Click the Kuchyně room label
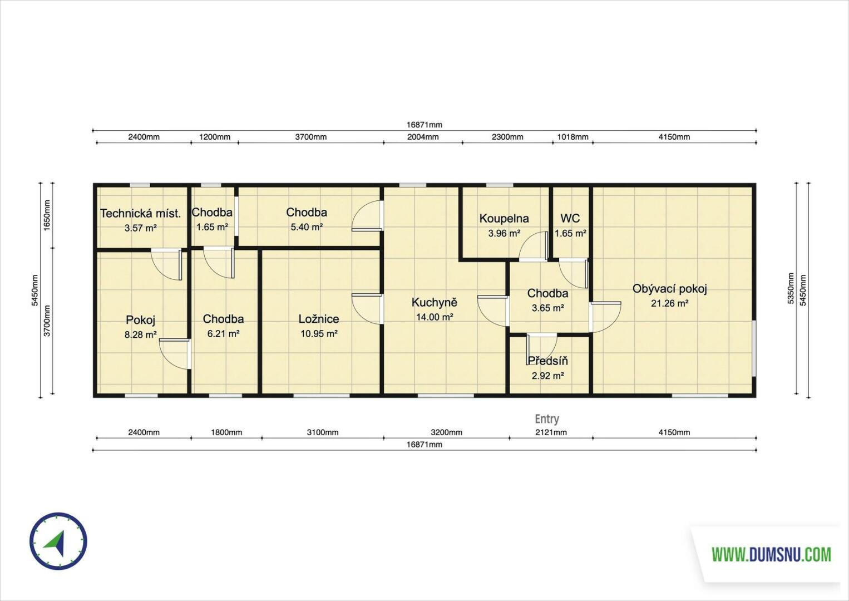435,303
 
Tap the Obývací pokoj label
670,289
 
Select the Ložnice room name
319,319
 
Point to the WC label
570,218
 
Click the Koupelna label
504,219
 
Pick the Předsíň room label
548,361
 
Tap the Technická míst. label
141,214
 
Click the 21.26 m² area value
670,304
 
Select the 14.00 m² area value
435,317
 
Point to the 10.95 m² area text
319,334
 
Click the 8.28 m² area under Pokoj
141,335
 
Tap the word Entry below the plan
547,419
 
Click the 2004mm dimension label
423,137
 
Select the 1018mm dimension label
572,137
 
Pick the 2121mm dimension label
551,432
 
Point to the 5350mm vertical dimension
791,289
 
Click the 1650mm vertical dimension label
47,215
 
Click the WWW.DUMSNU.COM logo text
771,554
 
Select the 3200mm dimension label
447,432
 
